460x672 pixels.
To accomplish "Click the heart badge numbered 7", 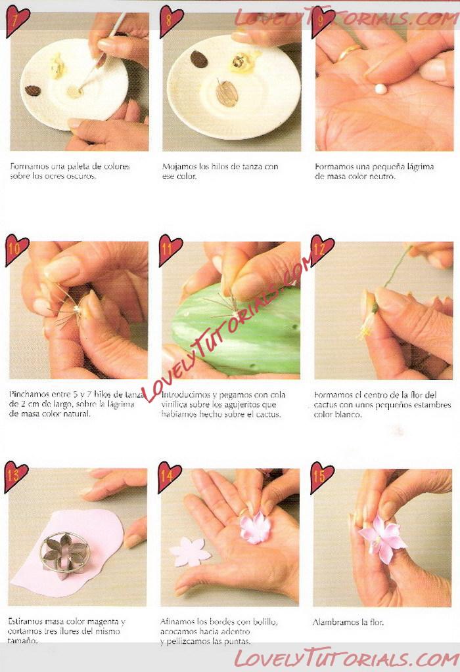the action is (16, 20).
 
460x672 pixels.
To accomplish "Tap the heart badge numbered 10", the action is (16, 249).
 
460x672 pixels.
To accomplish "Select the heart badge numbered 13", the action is (16, 476).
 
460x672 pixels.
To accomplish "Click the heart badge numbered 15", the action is (321, 476).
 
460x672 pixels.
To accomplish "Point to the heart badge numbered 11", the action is (170, 249).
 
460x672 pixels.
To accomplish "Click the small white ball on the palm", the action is (380, 89).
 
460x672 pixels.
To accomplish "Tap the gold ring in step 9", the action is (348, 52).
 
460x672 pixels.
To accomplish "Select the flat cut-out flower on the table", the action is (190, 552).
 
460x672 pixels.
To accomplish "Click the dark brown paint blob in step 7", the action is (33, 91).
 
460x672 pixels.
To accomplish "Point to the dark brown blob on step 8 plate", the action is (199, 60).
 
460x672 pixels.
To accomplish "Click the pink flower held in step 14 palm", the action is (256, 527).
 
